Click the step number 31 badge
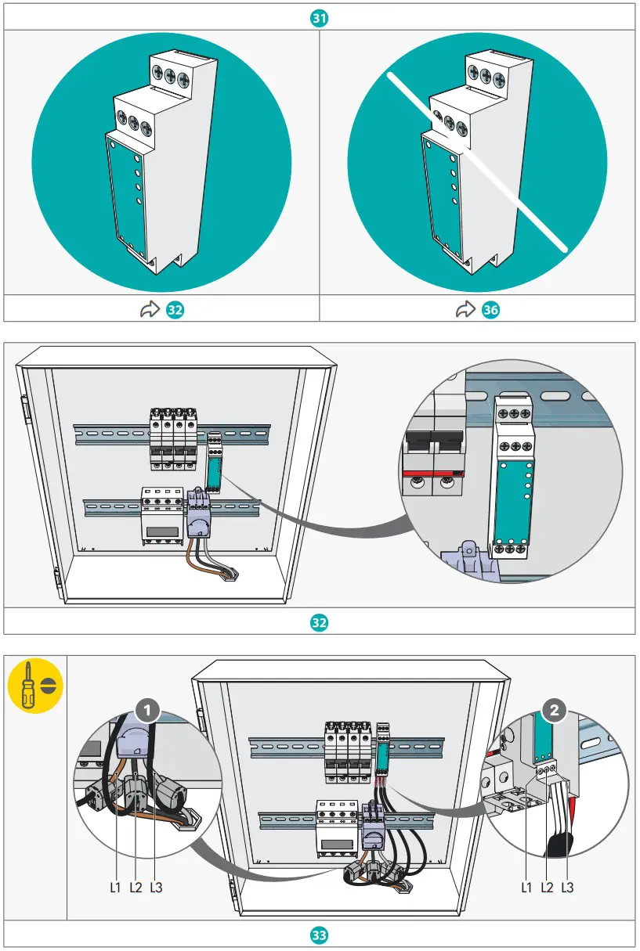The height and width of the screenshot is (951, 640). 320,17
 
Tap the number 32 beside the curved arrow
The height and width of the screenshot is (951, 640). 175,310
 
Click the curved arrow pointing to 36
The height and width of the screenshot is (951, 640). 466,310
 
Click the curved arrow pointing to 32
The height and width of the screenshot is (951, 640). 150,310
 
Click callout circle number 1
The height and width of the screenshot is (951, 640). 148,711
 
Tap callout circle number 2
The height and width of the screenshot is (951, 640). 555,711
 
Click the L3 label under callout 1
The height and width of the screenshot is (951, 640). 155,888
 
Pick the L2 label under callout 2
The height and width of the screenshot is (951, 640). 548,888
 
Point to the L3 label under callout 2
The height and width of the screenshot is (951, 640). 567,888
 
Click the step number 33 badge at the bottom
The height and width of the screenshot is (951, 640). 320,935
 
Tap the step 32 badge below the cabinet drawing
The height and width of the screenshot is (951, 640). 320,622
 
